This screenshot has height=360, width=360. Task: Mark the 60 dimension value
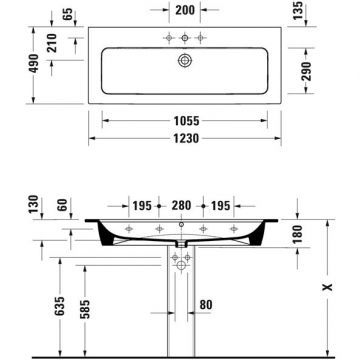click(64, 205)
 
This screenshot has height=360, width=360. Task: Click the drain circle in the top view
click(182, 60)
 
